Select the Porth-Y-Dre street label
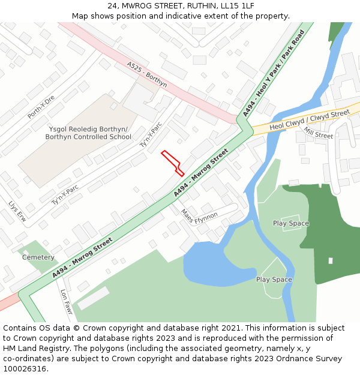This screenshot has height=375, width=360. (41, 107)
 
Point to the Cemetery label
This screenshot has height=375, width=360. (38, 257)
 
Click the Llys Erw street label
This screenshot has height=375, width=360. (17, 211)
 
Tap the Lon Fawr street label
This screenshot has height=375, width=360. (66, 302)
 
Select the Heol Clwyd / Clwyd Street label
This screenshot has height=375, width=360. (310, 120)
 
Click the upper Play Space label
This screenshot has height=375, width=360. (291, 223)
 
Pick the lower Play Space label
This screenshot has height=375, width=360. (274, 280)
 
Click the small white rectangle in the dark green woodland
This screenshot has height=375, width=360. (330, 260)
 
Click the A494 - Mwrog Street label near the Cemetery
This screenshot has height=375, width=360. (82, 257)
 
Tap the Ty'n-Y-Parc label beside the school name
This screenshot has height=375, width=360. (151, 135)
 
